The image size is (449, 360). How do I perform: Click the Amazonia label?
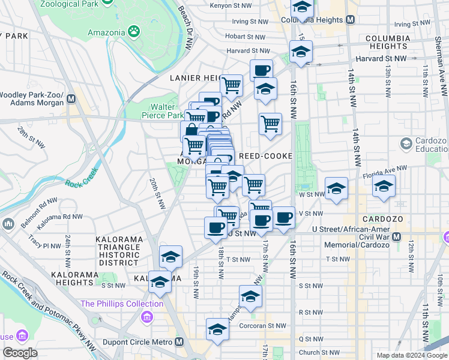[106, 32]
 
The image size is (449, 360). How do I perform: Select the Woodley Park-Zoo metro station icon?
[71, 98]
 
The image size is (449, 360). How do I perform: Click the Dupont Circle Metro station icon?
[179, 342]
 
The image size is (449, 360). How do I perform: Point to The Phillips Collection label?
[122, 304]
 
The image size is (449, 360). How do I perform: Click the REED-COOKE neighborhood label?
[266, 156]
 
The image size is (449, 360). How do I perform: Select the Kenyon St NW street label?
[234, 6]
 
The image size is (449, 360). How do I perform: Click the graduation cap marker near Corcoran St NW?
[217, 329]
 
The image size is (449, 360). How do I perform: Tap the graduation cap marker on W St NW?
[337, 188]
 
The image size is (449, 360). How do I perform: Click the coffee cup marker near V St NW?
[284, 217]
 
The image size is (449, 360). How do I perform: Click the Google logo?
[20, 353]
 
